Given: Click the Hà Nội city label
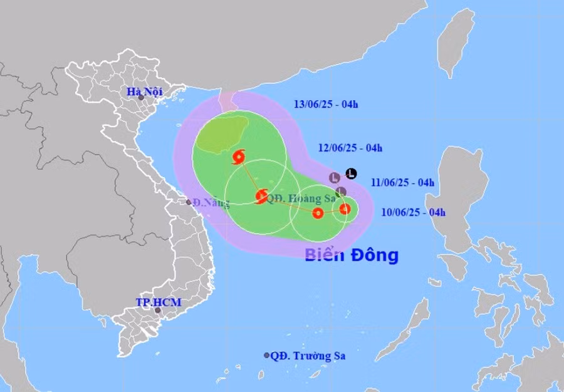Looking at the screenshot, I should click(144, 91).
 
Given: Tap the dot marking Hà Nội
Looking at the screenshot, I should click(141, 98).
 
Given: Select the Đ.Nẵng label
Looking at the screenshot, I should click(211, 202).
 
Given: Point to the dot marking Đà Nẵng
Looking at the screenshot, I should click(189, 202).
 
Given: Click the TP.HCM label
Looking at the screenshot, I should click(159, 302).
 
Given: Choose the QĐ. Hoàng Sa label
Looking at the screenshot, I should click(301, 199).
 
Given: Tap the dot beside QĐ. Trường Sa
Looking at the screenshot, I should click(266, 355).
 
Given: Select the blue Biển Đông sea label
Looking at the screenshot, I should click(352, 255).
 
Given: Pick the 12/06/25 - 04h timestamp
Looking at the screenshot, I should click(350, 148).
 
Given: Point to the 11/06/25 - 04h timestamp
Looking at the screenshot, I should click(402, 182).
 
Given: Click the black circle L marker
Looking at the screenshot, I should click(352, 173).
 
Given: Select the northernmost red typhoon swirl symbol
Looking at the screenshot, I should click(238, 157).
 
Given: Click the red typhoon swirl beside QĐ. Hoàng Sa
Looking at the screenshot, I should click(262, 197).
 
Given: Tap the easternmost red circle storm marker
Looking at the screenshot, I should click(345, 209).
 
